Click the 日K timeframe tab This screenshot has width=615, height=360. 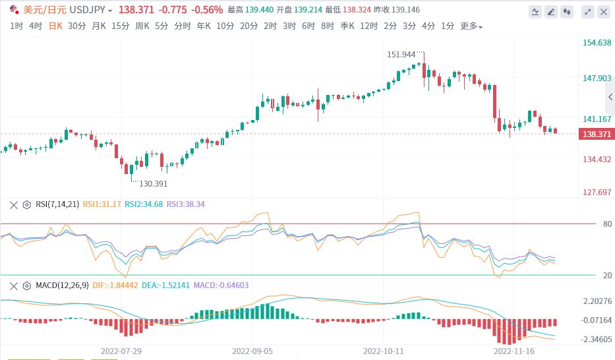pyautogui.click(x=55, y=26)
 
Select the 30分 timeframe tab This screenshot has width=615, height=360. pyautogui.click(x=76, y=26)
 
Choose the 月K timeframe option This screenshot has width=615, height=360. pyautogui.click(x=99, y=26)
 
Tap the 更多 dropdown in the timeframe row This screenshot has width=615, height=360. pyautogui.click(x=471, y=26)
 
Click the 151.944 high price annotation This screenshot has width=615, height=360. pyautogui.click(x=401, y=54)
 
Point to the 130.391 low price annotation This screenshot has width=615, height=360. pyautogui.click(x=153, y=183)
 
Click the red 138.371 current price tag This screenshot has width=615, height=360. pyautogui.click(x=597, y=134)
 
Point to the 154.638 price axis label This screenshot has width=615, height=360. pyautogui.click(x=597, y=43)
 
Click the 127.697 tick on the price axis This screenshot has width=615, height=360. pyautogui.click(x=597, y=193)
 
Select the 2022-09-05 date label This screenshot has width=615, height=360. pyautogui.click(x=252, y=351)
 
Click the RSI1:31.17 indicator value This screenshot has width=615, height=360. pyautogui.click(x=102, y=204)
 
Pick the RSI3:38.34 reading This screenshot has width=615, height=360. pyautogui.click(x=186, y=204)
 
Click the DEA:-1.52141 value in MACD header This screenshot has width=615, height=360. pyautogui.click(x=165, y=285)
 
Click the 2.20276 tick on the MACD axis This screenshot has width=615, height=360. pyautogui.click(x=597, y=301)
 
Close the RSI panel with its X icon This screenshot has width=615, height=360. pyautogui.click(x=13, y=204)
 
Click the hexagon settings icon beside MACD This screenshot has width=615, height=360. pyautogui.click(x=27, y=285)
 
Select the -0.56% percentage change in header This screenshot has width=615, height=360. pyautogui.click(x=208, y=10)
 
